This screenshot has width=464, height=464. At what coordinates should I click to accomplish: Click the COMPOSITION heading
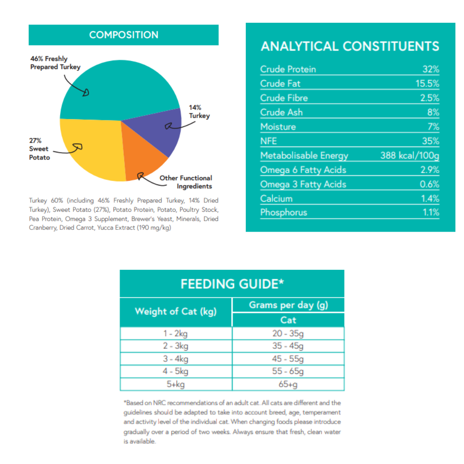[x=124, y=35]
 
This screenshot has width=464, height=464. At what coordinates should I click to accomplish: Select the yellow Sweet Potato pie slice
[x=90, y=150]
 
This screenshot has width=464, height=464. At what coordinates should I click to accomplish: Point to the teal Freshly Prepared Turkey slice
[x=120, y=86]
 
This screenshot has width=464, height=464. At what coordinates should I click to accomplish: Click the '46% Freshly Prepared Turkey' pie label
[x=55, y=63]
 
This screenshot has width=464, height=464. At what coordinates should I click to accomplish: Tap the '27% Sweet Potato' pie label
[x=40, y=149]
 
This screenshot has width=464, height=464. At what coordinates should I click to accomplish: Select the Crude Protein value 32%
[x=430, y=70]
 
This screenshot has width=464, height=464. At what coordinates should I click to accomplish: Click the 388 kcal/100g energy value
[x=409, y=156]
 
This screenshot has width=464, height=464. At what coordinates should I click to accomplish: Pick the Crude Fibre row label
[x=284, y=98]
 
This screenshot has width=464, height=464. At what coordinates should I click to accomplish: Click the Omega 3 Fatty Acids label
[x=303, y=184]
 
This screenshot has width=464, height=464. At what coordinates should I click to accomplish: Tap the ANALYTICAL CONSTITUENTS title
[x=350, y=46]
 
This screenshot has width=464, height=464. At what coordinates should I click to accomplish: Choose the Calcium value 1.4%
[x=430, y=198]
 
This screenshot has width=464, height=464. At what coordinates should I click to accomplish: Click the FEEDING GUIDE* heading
[x=232, y=284]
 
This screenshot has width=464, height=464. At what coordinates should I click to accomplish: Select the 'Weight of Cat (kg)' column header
[x=176, y=311]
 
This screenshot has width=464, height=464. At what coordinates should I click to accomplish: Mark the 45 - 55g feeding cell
[x=288, y=359]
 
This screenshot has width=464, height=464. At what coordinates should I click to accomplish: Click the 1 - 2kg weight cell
[x=176, y=333]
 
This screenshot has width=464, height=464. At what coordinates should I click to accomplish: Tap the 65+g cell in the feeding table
[x=288, y=384]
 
